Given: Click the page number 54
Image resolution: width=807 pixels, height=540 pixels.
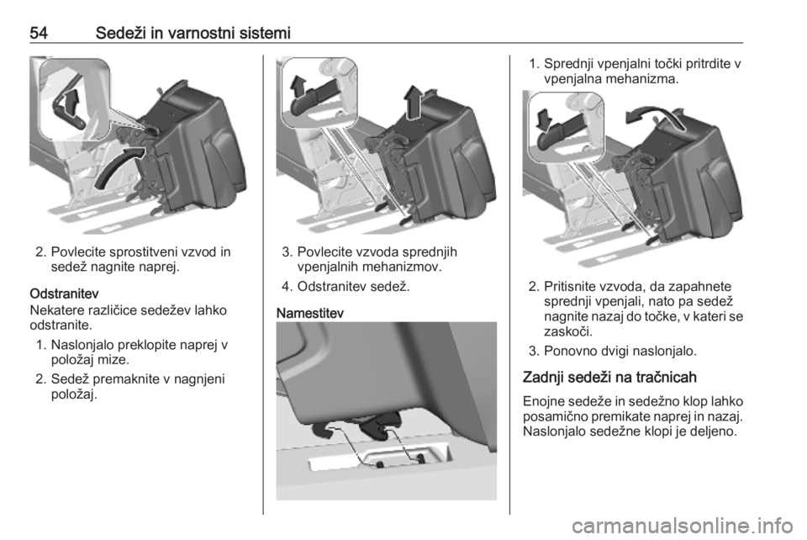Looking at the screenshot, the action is [x=39, y=33].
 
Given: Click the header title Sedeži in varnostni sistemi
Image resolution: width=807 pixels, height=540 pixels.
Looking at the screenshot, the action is [x=193, y=33].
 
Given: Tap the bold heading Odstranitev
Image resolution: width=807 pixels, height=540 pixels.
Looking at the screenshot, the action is [x=65, y=294].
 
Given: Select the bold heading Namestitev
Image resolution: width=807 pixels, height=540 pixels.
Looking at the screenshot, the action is [x=310, y=314].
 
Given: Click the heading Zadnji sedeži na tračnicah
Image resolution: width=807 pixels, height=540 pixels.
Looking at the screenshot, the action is [x=609, y=378].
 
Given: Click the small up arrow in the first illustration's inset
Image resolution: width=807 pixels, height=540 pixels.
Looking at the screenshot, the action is [x=74, y=100].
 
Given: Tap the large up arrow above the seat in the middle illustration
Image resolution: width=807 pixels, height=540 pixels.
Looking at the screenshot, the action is [x=413, y=101].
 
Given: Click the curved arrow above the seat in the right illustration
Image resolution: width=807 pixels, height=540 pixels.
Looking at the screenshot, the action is [x=655, y=116].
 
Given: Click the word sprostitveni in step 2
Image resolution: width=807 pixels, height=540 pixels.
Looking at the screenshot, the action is [x=149, y=252].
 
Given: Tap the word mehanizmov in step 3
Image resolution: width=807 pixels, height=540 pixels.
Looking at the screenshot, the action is [x=400, y=267].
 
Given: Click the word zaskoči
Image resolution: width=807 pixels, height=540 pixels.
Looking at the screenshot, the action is [x=568, y=331].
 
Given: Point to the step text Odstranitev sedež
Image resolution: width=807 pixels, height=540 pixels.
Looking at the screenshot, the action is [x=354, y=287].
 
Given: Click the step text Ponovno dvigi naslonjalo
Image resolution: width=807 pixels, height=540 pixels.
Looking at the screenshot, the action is [x=620, y=352].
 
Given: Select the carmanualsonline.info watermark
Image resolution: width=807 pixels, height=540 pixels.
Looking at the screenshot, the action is [x=683, y=526].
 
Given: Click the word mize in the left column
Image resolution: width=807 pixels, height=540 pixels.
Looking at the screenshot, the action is [x=113, y=360].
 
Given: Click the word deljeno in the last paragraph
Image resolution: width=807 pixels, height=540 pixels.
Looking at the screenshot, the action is [x=713, y=431].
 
